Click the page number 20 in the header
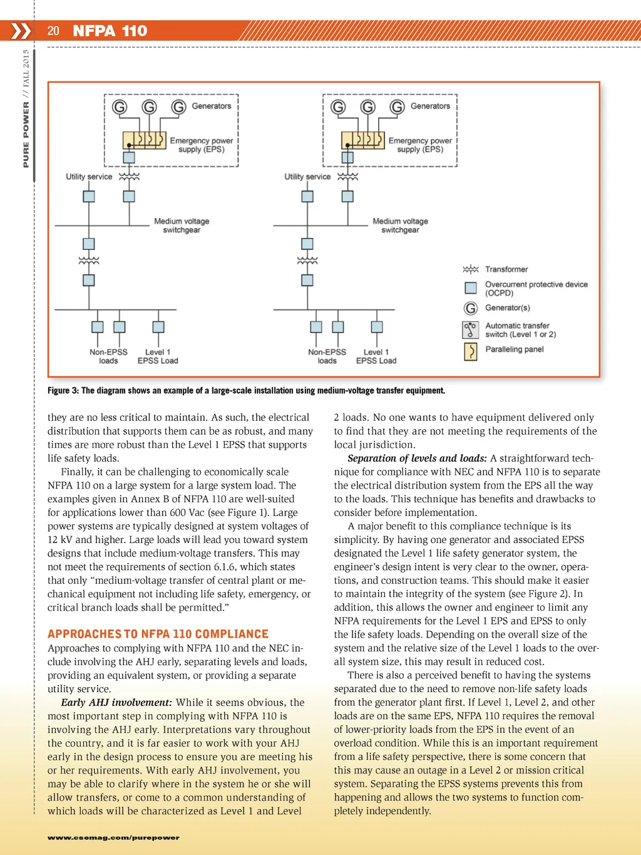(x=53, y=31)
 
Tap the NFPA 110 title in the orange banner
(x=110, y=31)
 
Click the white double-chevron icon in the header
(x=21, y=31)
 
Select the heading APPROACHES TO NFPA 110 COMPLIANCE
(x=158, y=634)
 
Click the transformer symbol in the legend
(x=471, y=269)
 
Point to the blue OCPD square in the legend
(x=471, y=288)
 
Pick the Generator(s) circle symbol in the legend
(x=471, y=308)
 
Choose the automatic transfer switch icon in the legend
(x=470, y=329)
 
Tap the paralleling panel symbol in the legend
(x=470, y=351)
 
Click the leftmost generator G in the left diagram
(x=120, y=107)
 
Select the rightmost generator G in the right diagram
(x=397, y=107)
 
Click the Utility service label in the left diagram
(x=89, y=177)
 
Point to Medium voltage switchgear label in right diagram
(x=400, y=225)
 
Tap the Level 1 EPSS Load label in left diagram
(x=158, y=356)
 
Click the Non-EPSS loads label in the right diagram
(x=327, y=356)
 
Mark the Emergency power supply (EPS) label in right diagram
(x=420, y=145)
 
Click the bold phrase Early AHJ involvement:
(x=116, y=702)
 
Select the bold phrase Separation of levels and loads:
(x=417, y=458)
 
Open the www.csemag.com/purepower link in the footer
(x=113, y=837)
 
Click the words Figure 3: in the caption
(x=63, y=390)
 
